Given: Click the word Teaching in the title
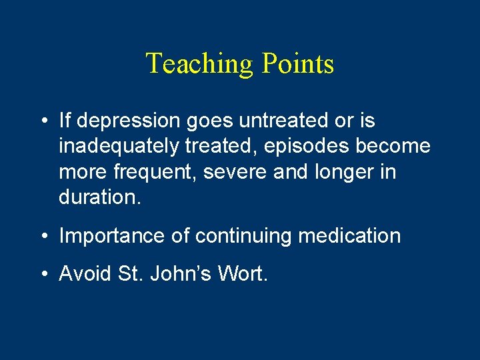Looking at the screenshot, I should point(201,64).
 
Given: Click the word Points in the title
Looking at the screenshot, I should point(298,64).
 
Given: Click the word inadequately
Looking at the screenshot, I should point(117,147).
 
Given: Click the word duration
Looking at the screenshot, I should point(99,197).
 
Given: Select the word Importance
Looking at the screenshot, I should point(107,236).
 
